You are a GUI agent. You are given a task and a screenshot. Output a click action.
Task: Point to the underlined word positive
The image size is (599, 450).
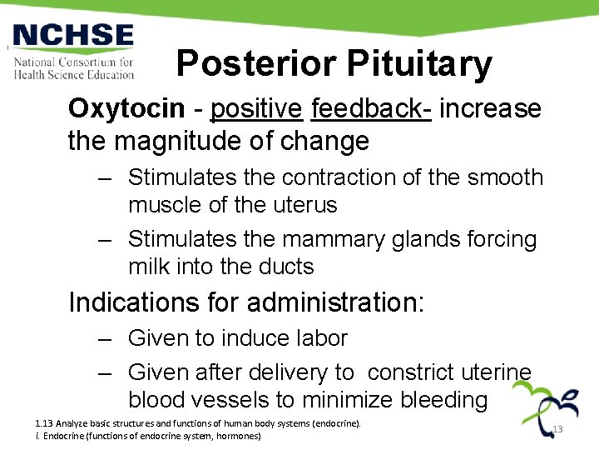pos(256,109)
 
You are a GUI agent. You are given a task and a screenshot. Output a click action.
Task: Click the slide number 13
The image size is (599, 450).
pos(557,430)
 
